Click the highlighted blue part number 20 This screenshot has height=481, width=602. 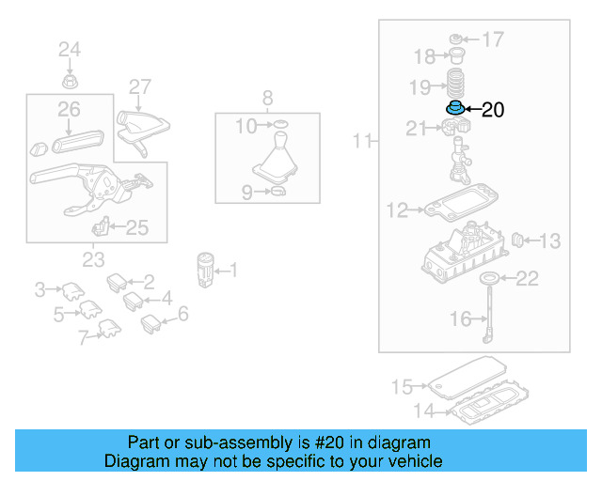[x=453, y=107]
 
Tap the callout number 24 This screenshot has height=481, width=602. [x=70, y=49]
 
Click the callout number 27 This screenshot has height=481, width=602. [x=139, y=86]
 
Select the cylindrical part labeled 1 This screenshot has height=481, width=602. [x=205, y=270]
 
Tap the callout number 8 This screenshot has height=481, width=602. [x=266, y=98]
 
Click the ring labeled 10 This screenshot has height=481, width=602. [x=278, y=124]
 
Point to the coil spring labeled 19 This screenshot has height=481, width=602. [x=454, y=82]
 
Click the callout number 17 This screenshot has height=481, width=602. [x=493, y=39]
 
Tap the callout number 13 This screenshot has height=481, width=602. [x=548, y=241]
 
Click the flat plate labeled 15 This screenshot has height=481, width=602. [x=466, y=383]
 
